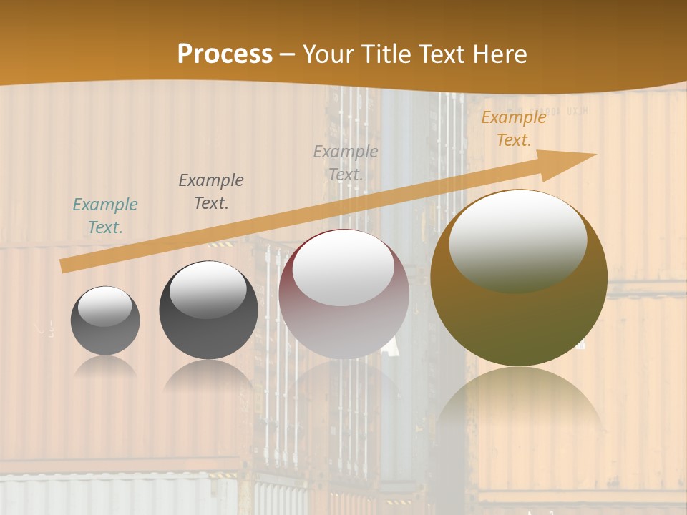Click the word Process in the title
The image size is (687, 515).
[x=225, y=54]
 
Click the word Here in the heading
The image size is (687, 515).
[x=499, y=54]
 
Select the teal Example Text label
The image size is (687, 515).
[x=105, y=215]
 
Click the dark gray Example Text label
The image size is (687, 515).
[x=211, y=191]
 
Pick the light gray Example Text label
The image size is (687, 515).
[x=346, y=162]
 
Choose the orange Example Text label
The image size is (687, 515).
[x=514, y=129]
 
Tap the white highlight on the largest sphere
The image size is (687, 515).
[x=517, y=240]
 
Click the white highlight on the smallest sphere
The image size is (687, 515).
[x=104, y=307]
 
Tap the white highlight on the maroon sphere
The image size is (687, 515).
[x=343, y=268]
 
